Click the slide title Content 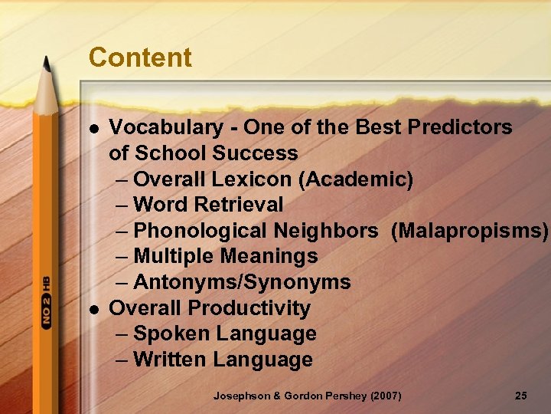pyautogui.click(x=140, y=58)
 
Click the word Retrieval pyautogui.click(x=239, y=205)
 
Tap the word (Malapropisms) pyautogui.click(x=469, y=231)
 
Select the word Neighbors pyautogui.click(x=334, y=231)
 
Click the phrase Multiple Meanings pyautogui.click(x=225, y=257)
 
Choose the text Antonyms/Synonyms pyautogui.click(x=242, y=283)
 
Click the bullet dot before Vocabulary pyautogui.click(x=94, y=128)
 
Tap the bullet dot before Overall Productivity pyautogui.click(x=94, y=309)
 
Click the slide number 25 pyautogui.click(x=520, y=396)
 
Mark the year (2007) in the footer pyautogui.click(x=385, y=396)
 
